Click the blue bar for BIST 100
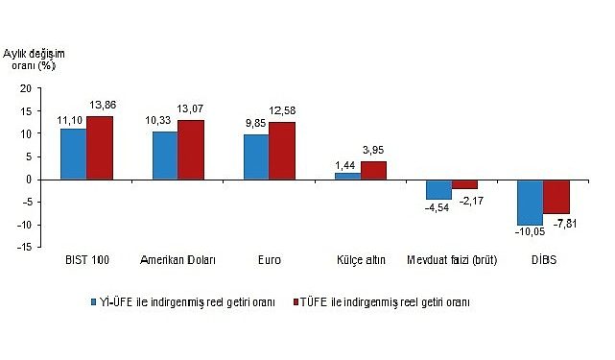[74, 155]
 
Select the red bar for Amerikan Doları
[190, 150]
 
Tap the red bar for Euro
[281, 151]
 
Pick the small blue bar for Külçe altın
[347, 176]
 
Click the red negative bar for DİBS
[556, 197]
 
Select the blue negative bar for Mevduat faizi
[438, 189]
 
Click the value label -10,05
[529, 233]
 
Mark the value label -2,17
[466, 198]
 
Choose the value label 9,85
[255, 125]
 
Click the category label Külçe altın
[360, 261]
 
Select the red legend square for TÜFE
[298, 301]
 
